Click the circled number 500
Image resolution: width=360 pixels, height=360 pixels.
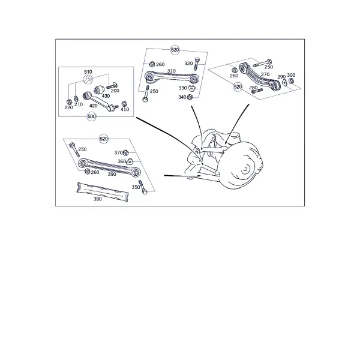point(92,116)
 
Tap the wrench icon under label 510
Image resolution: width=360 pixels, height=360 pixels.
point(88,79)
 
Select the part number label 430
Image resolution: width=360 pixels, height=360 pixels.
point(106,96)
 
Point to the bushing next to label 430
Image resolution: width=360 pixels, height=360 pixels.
point(100,89)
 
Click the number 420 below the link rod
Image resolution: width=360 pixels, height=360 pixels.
point(93,106)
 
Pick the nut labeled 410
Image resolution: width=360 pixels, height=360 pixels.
point(124,104)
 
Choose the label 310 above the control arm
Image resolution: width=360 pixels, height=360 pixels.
point(171,71)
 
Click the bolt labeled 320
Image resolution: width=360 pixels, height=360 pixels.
point(197,64)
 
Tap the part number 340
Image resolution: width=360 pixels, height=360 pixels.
point(182,97)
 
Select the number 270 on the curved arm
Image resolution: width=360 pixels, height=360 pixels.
point(265,74)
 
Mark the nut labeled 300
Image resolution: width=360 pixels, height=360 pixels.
point(291,81)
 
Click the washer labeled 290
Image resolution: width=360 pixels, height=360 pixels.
point(284,82)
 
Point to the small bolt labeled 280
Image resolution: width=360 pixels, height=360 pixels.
point(257,91)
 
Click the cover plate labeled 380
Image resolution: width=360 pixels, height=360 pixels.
point(103,191)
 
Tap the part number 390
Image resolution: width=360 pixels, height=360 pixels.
point(112,174)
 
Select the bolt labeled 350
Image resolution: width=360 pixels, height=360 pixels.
point(143,187)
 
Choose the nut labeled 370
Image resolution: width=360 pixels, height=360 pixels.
point(125,153)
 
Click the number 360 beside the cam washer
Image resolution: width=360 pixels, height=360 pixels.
point(122,161)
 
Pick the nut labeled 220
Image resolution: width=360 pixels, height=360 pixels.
point(69,102)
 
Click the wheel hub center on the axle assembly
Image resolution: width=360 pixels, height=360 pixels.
point(245,169)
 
